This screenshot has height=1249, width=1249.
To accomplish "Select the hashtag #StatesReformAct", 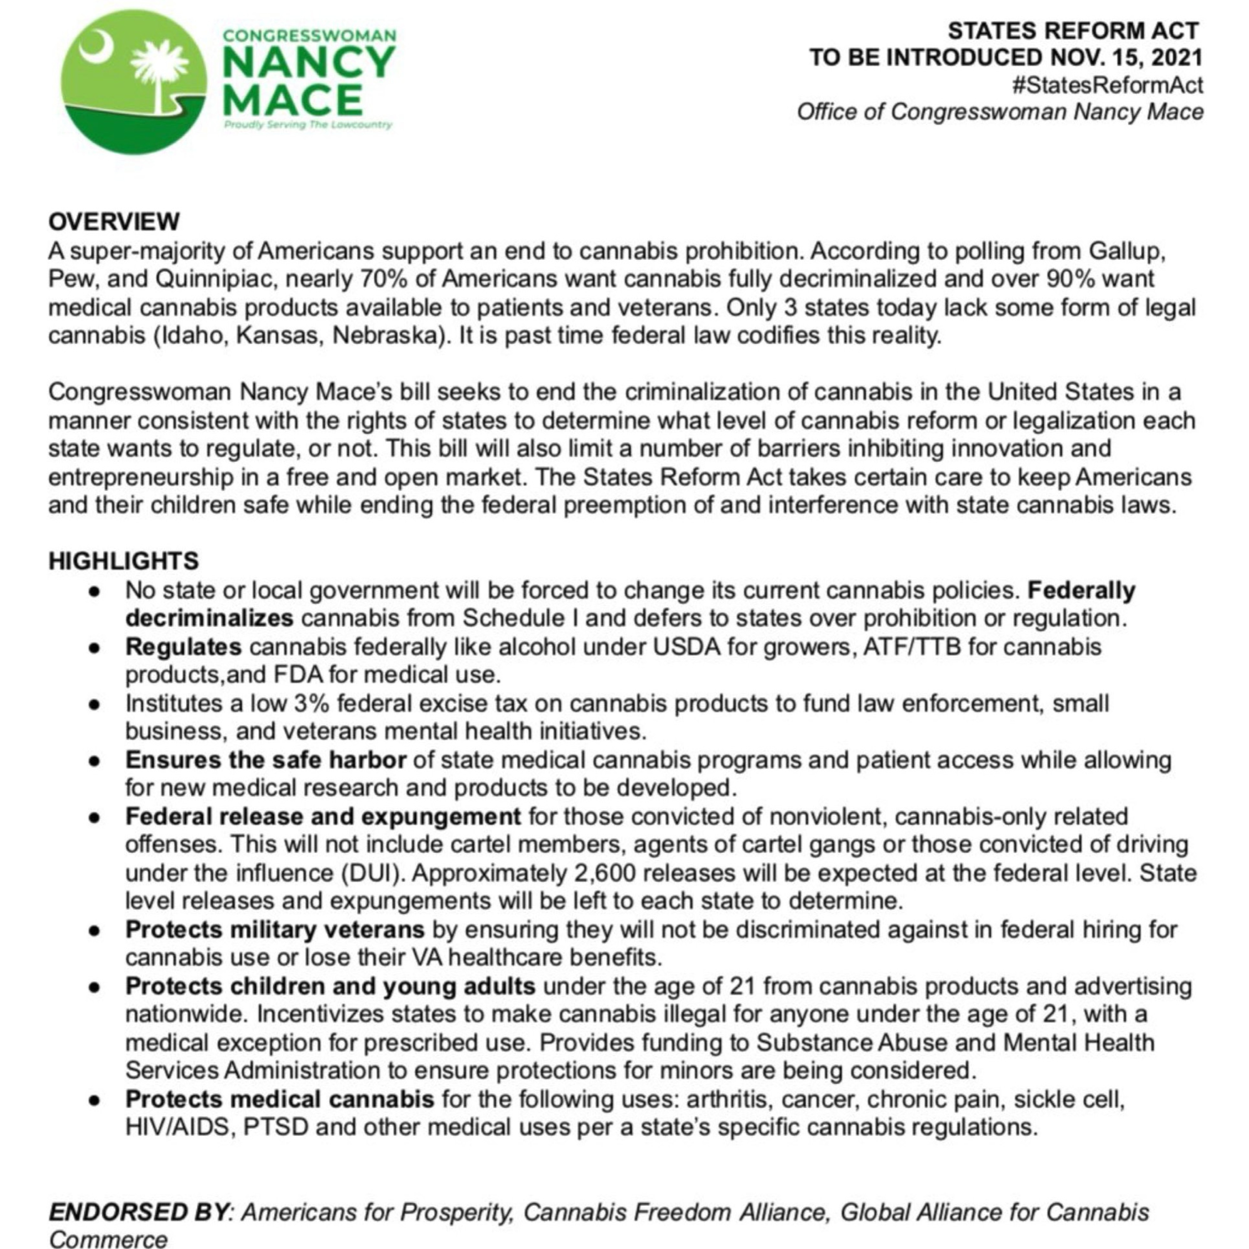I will tap(1107, 85).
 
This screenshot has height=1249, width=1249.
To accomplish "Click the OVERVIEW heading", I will tap(114, 221).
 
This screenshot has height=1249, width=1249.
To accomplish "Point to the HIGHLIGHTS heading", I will tap(124, 560).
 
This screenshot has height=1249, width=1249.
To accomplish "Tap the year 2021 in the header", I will tap(1176, 57).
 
